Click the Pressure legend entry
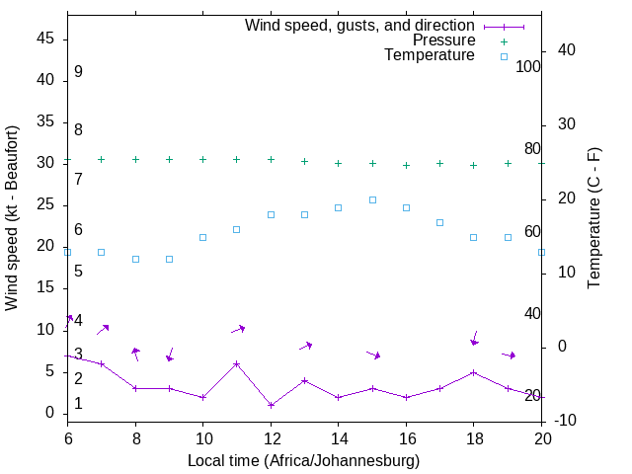click(443, 40)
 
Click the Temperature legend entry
click(430, 55)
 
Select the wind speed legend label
click(359, 25)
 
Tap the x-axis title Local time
click(304, 460)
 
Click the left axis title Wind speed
click(12, 218)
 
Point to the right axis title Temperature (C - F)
click(594, 218)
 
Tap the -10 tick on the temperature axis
click(566, 421)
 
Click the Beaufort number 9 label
click(78, 72)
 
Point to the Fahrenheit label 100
click(528, 66)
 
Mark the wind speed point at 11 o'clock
click(237, 363)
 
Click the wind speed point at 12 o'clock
click(271, 405)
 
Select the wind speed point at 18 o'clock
click(474, 372)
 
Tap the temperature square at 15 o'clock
click(372, 199)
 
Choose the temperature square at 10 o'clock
click(202, 237)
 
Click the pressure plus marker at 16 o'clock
click(406, 165)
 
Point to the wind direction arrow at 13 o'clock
click(305, 346)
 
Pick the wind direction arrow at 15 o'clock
click(373, 354)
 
